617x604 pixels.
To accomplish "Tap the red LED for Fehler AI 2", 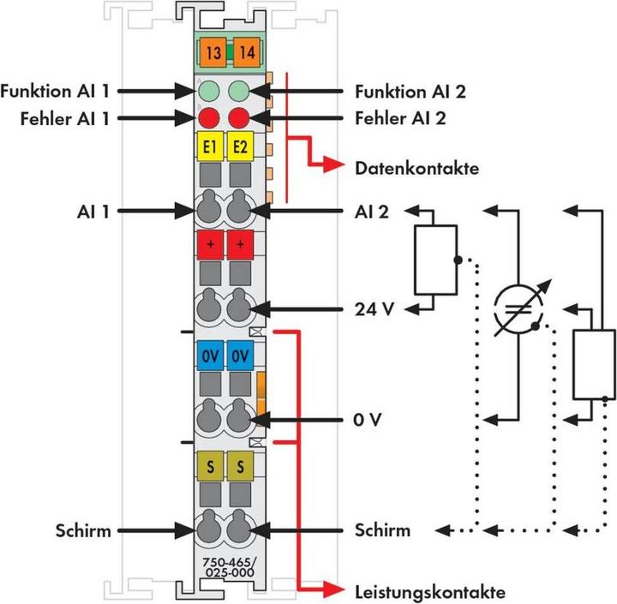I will point(240,117).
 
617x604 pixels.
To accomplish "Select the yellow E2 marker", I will point(240,148).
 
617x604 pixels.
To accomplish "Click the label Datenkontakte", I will point(416,168).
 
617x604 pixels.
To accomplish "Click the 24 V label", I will point(373,308).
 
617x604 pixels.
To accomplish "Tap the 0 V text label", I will point(368,420).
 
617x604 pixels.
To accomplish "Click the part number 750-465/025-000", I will point(225,566).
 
